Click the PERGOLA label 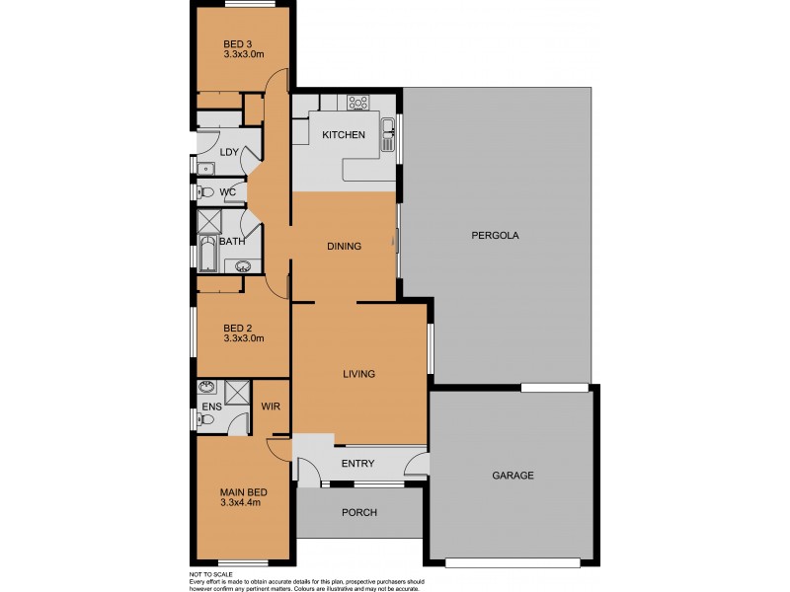(x=495, y=236)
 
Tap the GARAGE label (x=513, y=476)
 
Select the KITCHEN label (x=344, y=135)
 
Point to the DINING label (x=344, y=247)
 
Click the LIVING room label (x=358, y=374)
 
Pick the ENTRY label (x=356, y=464)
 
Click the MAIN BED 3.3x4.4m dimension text (x=243, y=503)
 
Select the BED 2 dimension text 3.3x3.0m (x=243, y=338)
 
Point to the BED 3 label (x=237, y=43)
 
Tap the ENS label (x=209, y=407)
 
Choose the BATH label (x=232, y=242)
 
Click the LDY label (x=229, y=152)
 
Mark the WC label (x=227, y=191)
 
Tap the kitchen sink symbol (x=389, y=127)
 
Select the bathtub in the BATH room (x=208, y=255)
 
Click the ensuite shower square (x=238, y=392)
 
